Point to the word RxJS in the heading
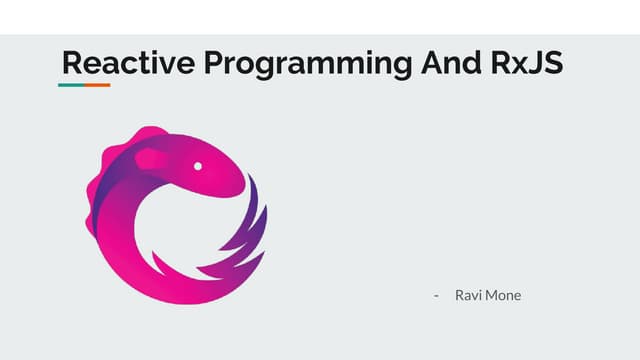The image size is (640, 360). (x=527, y=63)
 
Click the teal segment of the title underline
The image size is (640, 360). (x=70, y=85)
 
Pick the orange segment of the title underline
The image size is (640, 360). (x=97, y=85)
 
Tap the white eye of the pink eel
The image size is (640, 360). (x=198, y=165)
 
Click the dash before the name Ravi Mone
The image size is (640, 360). (x=437, y=296)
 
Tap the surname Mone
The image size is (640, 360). (x=503, y=296)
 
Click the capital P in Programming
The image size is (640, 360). (x=215, y=63)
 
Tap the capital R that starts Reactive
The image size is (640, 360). (x=71, y=63)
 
